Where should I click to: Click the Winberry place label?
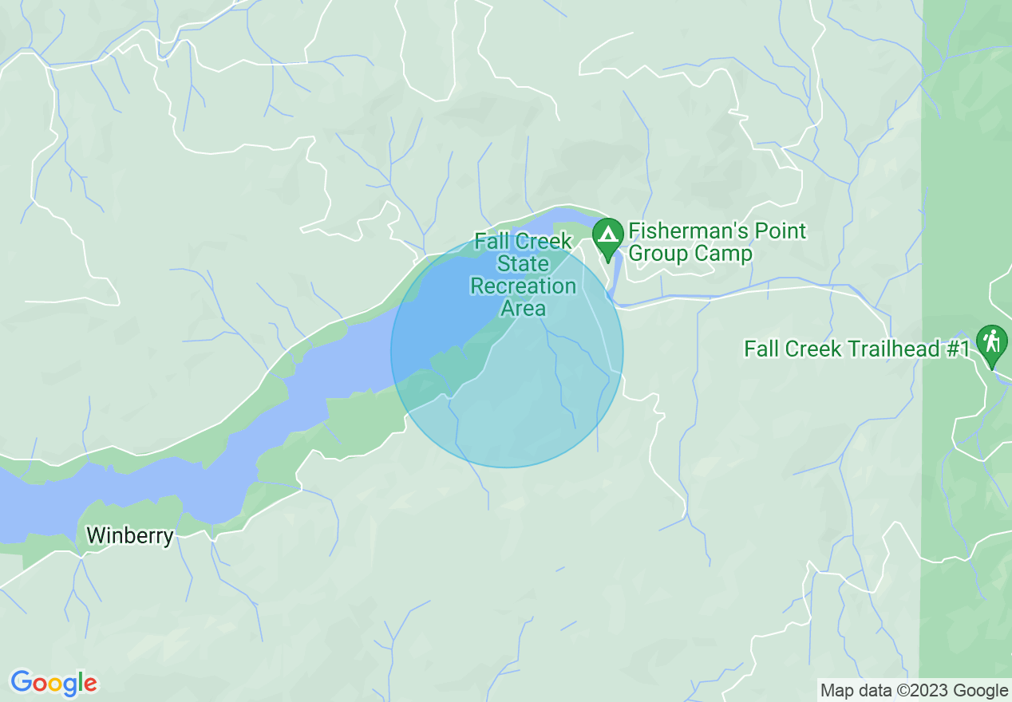click(x=130, y=535)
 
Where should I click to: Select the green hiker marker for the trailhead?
click(x=991, y=343)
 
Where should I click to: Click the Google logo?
click(x=54, y=684)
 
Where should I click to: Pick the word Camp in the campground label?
click(x=722, y=254)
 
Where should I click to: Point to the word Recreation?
click(x=523, y=286)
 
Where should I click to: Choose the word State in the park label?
click(x=523, y=263)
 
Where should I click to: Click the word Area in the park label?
click(x=523, y=308)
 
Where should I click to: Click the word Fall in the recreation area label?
click(x=492, y=241)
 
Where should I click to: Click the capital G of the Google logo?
click(x=22, y=683)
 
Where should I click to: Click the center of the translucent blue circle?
click(x=507, y=351)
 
